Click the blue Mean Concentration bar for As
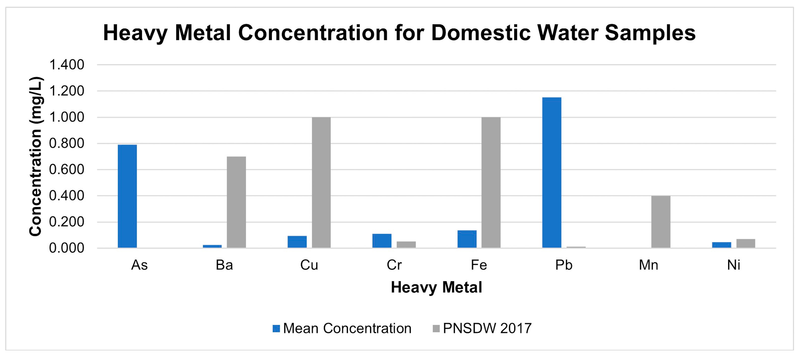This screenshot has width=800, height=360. (x=127, y=196)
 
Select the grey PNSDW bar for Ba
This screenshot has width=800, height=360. (x=236, y=202)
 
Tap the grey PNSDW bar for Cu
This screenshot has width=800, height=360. (x=321, y=182)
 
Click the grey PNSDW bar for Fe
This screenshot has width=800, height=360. (x=491, y=182)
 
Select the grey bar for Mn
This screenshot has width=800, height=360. (x=661, y=221)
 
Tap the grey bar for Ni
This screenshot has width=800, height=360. (x=746, y=243)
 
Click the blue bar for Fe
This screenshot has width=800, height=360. (x=467, y=239)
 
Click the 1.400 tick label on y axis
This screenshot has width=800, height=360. (x=67, y=65)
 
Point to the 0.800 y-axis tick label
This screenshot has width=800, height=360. (x=67, y=144)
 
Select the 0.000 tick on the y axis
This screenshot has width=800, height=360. (x=67, y=248)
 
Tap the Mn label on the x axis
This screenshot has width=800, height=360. (x=649, y=265)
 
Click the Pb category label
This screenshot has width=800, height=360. (x=564, y=265)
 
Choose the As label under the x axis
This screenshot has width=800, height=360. (x=139, y=265)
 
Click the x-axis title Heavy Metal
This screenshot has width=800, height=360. (x=436, y=287)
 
